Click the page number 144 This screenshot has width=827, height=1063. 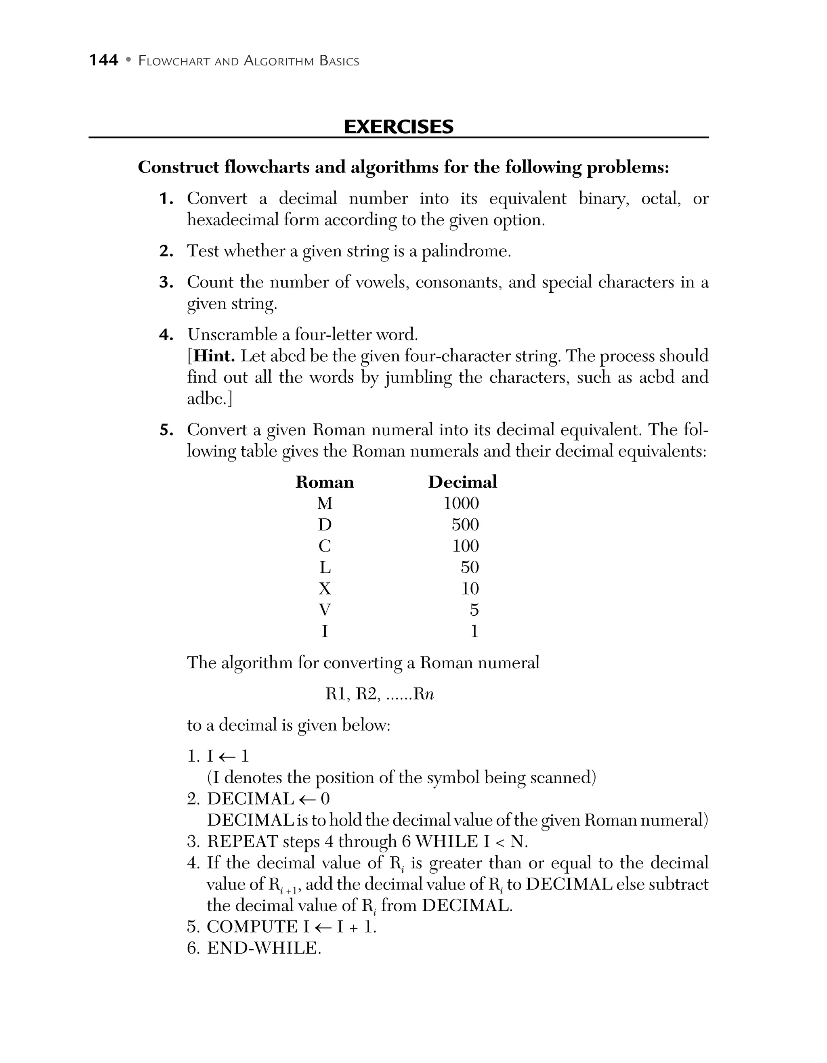point(104,60)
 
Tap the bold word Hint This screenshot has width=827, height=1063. point(214,356)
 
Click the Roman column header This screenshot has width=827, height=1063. point(325,482)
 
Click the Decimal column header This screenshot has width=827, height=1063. point(462,482)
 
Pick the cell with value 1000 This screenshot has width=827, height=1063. point(461,503)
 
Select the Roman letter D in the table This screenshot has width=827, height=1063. point(325,525)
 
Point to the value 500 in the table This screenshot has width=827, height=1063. point(465,525)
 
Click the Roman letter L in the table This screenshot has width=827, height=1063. point(325,568)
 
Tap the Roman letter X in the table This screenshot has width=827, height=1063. point(325,589)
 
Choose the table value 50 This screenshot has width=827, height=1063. point(469,568)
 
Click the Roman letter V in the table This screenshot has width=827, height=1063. point(325,610)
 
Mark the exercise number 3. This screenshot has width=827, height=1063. point(166,282)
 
